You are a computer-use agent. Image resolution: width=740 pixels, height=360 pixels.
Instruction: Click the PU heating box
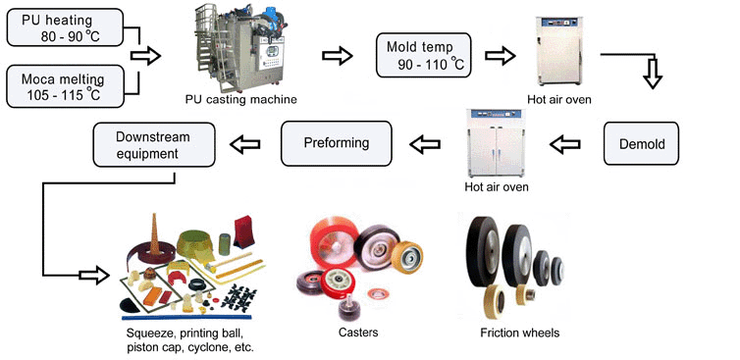pos(65,27)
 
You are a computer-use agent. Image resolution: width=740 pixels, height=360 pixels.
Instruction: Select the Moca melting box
pos(65,86)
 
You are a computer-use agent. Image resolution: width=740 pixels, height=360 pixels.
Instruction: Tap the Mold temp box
pos(423,55)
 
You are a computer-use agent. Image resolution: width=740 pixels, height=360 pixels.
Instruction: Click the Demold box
pos(641,143)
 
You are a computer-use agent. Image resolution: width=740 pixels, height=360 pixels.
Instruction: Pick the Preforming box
pos(336,143)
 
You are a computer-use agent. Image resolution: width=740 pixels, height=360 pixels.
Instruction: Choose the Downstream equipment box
pos(154,144)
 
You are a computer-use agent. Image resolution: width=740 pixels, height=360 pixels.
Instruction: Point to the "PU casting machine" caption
pos(241,99)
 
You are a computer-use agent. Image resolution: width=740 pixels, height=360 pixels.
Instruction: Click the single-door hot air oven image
pos(558,51)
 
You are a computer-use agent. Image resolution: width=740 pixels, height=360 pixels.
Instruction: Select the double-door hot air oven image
pos(496,143)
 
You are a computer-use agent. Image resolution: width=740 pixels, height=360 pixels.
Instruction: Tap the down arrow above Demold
pos(653,74)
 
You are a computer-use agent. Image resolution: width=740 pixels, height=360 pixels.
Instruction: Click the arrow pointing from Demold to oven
pos(565,144)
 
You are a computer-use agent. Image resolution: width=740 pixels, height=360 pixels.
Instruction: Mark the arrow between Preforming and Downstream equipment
pos(245,144)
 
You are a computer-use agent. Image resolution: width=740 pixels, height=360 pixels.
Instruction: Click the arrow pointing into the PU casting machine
pos(145,56)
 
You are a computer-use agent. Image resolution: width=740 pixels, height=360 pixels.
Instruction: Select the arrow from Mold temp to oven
pos(501,56)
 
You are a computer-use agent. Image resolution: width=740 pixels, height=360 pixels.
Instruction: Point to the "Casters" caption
pos(358,333)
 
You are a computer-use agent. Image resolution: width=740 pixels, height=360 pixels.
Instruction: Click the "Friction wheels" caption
pos(519,333)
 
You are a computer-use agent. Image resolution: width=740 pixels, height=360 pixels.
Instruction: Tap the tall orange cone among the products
pos(154,234)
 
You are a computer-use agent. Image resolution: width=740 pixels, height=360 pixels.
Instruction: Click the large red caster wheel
pos(334,243)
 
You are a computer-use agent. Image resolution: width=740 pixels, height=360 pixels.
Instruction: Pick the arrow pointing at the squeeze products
pos(94,275)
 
